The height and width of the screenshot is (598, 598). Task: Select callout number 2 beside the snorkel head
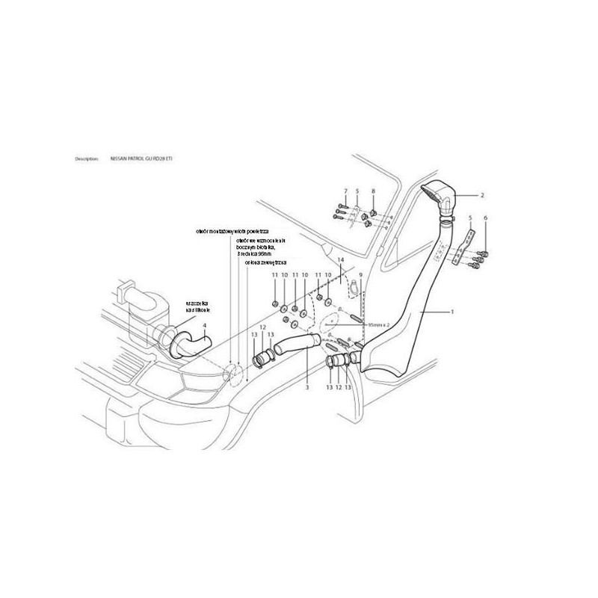point(483,194)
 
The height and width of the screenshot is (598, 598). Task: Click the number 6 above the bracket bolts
point(485,218)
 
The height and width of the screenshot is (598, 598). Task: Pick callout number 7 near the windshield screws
point(346,192)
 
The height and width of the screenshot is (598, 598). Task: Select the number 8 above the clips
point(373,192)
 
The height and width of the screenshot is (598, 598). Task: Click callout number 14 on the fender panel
point(341,259)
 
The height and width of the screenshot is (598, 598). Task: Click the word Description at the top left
point(87,159)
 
